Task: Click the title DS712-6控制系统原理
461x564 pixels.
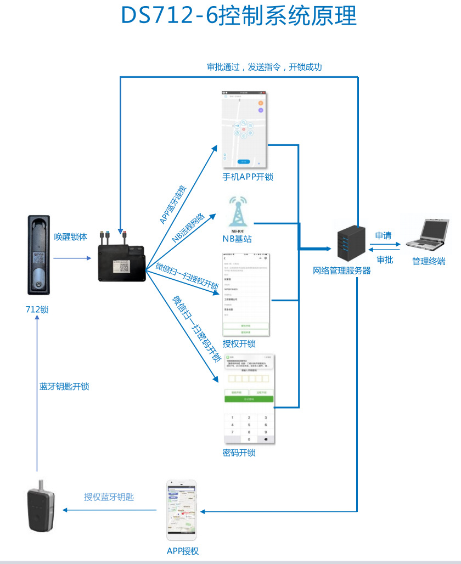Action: (239, 16)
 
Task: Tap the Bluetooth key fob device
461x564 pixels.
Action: (41, 505)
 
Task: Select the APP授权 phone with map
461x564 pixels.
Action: (182, 510)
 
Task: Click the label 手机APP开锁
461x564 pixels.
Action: (248, 177)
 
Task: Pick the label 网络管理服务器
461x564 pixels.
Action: (342, 270)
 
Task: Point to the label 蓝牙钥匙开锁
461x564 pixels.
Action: (64, 386)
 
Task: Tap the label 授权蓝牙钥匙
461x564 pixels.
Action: (109, 497)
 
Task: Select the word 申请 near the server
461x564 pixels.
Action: (383, 236)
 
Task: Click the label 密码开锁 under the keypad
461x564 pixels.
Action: (239, 453)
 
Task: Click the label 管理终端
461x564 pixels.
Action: (429, 262)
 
